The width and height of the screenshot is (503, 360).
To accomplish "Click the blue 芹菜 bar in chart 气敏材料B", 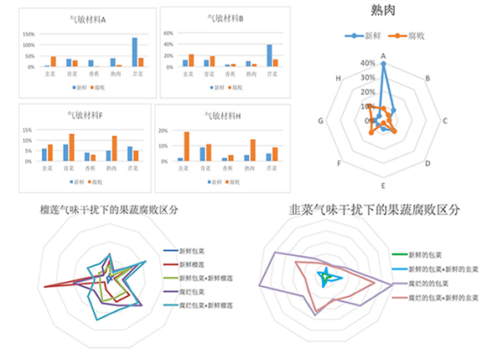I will point(269,55).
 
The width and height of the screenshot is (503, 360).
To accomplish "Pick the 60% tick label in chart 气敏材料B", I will point(168,34).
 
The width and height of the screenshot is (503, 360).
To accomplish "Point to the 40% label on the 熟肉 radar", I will point(367,62).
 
